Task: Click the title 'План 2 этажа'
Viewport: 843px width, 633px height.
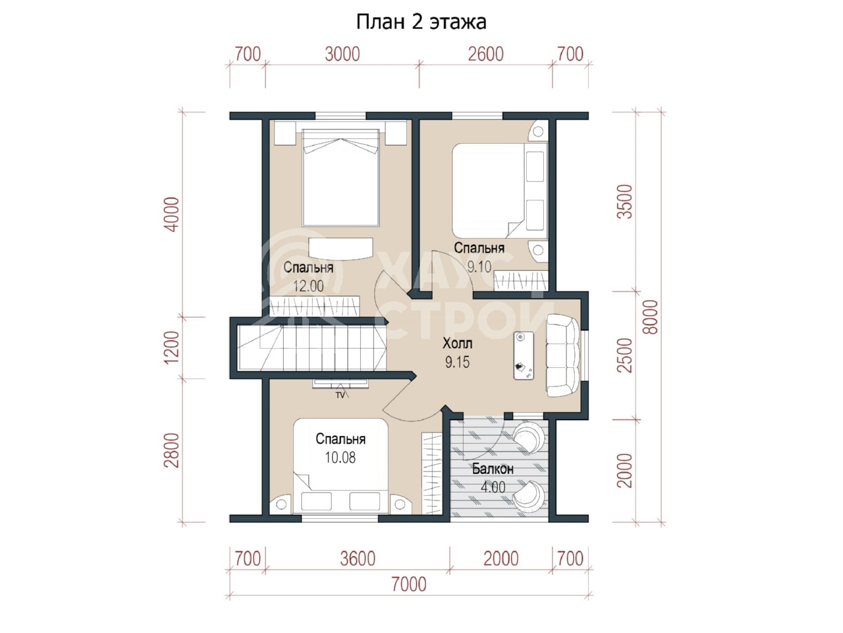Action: tap(421, 22)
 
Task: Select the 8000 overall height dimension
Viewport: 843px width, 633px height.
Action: tap(650, 317)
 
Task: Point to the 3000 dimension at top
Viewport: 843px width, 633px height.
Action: tap(342, 54)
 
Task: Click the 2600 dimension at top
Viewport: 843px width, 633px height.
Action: tap(485, 54)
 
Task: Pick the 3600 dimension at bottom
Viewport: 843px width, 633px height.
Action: tap(358, 559)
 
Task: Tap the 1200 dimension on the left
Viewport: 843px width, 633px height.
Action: tap(171, 347)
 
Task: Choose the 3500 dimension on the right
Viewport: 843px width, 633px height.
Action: tap(624, 202)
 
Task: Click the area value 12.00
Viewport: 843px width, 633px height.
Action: tap(308, 286)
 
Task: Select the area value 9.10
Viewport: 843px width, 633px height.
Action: tap(479, 266)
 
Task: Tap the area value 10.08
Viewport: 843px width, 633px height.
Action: tap(340, 458)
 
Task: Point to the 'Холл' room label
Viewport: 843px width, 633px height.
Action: tap(457, 343)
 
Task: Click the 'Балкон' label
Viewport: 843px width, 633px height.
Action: tap(493, 469)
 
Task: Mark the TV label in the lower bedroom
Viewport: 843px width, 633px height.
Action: tap(340, 395)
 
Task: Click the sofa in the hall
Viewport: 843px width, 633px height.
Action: tap(563, 355)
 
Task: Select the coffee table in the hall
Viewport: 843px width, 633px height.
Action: tap(524, 356)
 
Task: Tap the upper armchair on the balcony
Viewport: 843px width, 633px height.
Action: tap(528, 437)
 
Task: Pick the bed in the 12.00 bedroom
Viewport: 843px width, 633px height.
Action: tap(340, 177)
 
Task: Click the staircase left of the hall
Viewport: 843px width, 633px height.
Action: tap(312, 348)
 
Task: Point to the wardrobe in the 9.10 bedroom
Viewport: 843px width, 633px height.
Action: tap(521, 281)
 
